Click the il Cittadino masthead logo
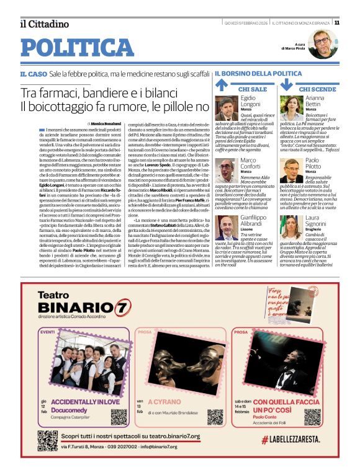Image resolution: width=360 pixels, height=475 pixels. tap(44, 24)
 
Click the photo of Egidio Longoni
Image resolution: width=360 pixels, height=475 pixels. tap(227, 109)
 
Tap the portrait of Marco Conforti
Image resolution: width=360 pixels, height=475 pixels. tap(227, 170)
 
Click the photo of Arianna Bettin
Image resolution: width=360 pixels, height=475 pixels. tap(291, 109)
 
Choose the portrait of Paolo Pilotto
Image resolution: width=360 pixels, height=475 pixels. tap(291, 170)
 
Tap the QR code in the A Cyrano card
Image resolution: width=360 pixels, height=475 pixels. tap(215, 416)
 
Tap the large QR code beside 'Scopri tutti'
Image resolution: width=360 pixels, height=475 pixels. tap(48, 440)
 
